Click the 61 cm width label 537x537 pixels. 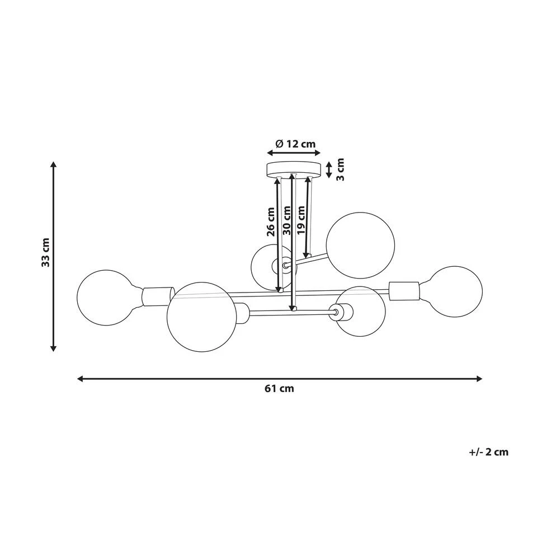pyautogui.click(x=279, y=389)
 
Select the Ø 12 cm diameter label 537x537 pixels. pyautogui.click(x=295, y=144)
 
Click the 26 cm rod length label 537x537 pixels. pyautogui.click(x=271, y=222)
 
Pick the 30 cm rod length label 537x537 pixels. pyautogui.click(x=286, y=220)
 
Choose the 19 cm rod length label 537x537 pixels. pyautogui.click(x=301, y=220)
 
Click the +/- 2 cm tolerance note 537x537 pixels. pyautogui.click(x=489, y=452)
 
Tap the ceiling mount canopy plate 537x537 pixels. pyautogui.click(x=294, y=170)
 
